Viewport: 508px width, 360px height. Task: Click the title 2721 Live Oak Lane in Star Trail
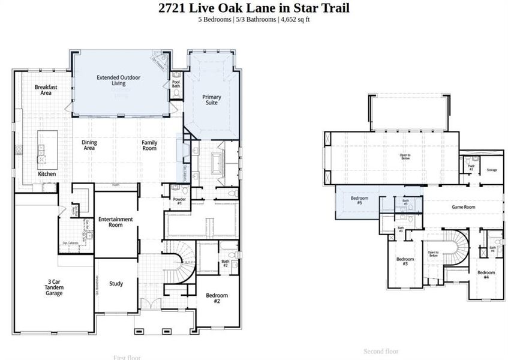[254, 8]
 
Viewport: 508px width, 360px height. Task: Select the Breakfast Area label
[46, 90]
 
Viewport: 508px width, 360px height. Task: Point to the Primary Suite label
[212, 100]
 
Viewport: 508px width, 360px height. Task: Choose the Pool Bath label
[176, 84]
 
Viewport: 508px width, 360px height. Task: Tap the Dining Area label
[89, 145]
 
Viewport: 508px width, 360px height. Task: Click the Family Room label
[149, 145]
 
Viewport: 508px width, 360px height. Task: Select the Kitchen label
[47, 173]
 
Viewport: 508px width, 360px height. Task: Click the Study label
[116, 284]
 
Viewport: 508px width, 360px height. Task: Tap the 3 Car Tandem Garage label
[55, 287]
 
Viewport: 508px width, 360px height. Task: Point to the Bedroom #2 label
[217, 298]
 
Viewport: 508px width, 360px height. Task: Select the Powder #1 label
[179, 201]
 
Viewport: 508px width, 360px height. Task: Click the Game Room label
[463, 207]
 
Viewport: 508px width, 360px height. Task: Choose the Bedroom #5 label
[359, 200]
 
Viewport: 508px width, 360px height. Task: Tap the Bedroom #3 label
[405, 262]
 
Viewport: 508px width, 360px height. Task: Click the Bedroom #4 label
[486, 275]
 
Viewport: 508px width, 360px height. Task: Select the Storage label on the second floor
[492, 170]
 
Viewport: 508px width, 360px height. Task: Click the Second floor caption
[381, 351]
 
